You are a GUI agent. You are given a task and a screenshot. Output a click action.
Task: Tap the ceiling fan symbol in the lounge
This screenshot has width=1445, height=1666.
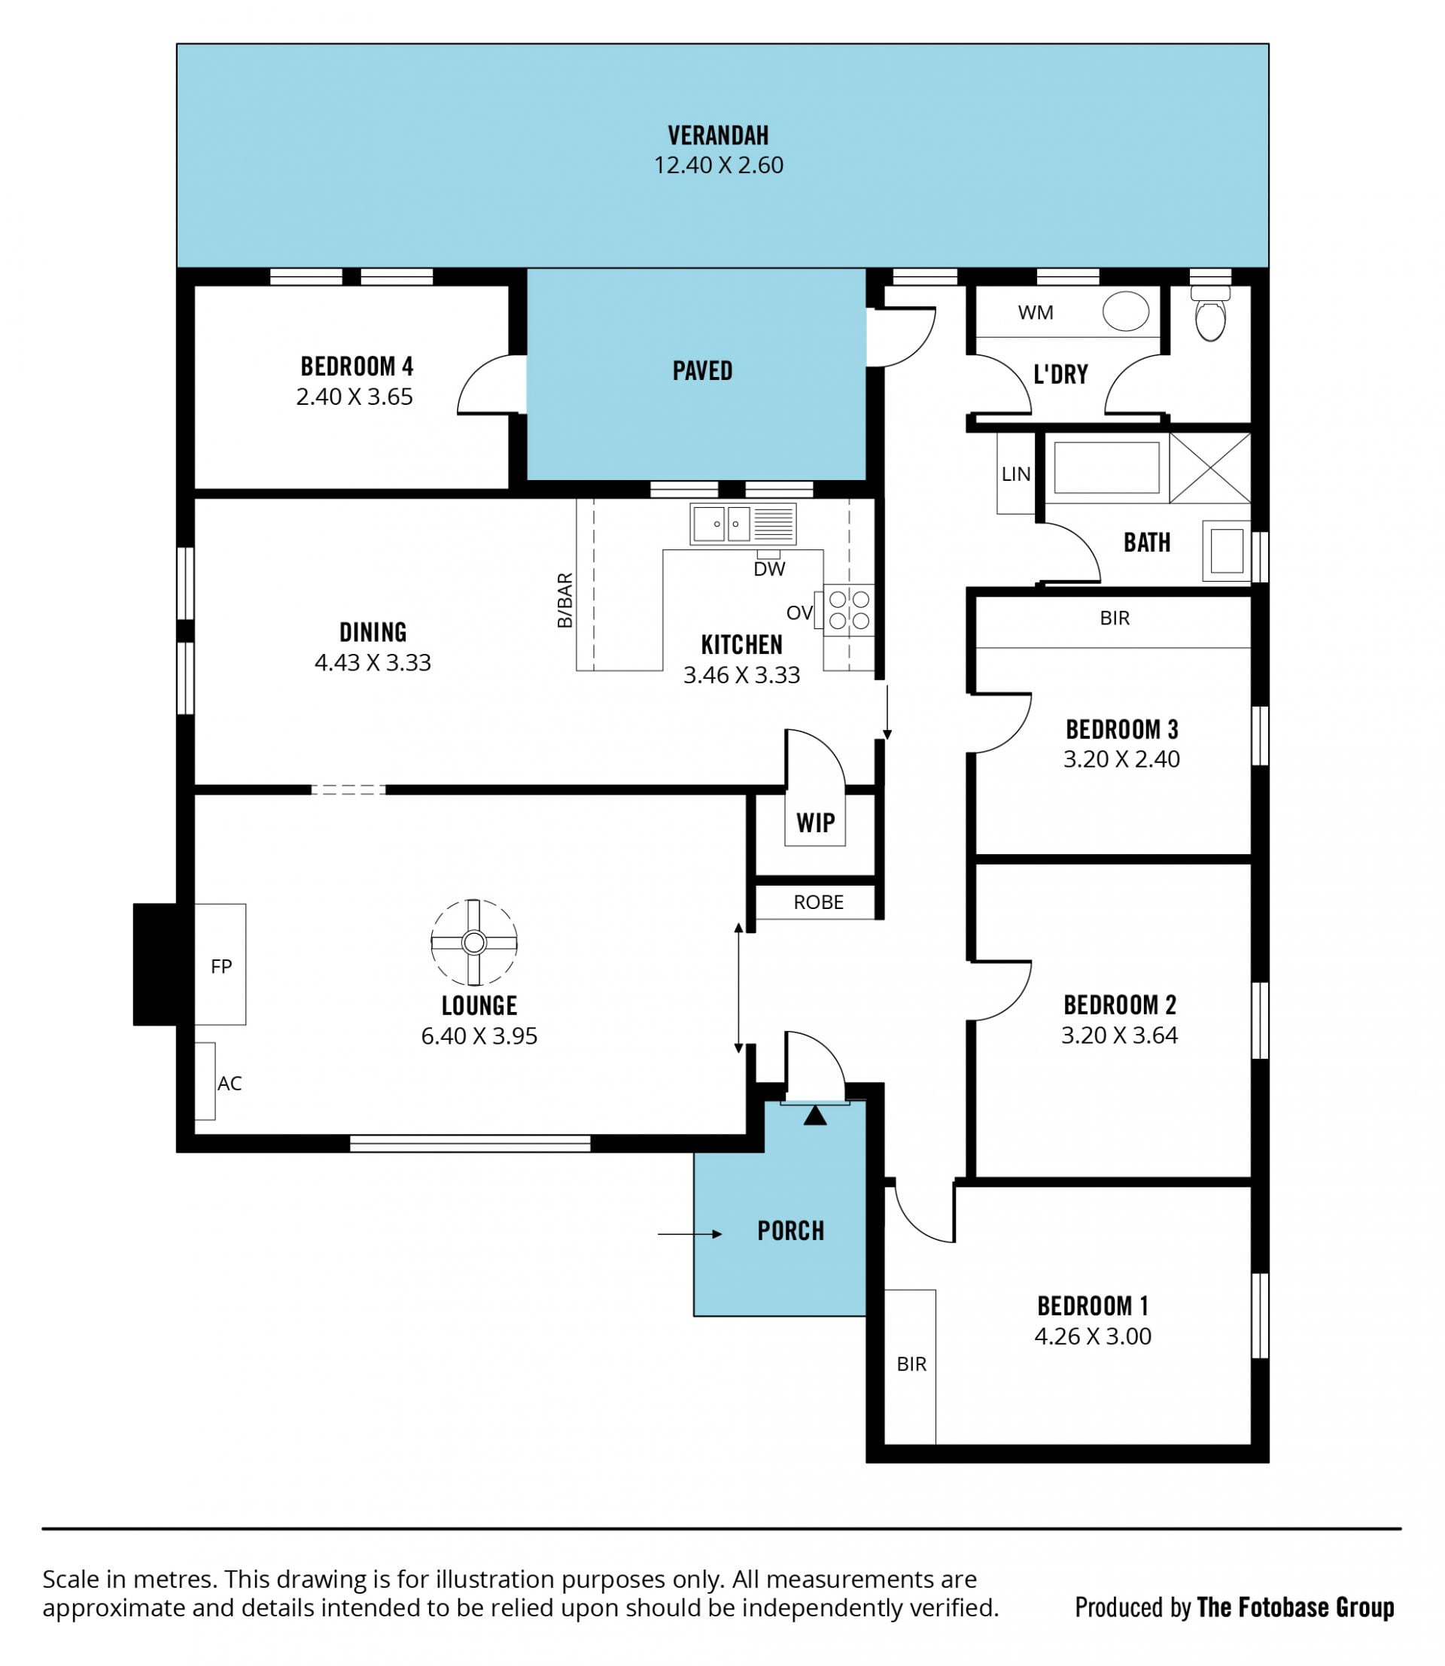click(x=474, y=942)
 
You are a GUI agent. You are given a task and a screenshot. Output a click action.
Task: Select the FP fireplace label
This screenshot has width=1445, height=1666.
click(x=221, y=966)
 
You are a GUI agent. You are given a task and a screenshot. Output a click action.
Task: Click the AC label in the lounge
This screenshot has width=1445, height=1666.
click(x=230, y=1083)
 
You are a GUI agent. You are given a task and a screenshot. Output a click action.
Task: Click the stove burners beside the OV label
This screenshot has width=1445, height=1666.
click(x=849, y=610)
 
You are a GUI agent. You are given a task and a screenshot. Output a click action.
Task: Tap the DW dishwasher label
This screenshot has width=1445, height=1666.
click(x=769, y=570)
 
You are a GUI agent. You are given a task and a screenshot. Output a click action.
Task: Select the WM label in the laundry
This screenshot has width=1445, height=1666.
click(x=1036, y=313)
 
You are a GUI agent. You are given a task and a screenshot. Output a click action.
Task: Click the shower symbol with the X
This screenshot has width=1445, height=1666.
click(x=1209, y=469)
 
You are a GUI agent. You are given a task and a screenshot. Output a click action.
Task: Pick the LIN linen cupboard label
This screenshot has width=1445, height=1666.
click(x=1016, y=474)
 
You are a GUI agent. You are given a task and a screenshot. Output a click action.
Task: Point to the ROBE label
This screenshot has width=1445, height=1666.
click(x=819, y=902)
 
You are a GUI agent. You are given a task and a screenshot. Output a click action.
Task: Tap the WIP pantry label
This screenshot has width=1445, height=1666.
click(x=815, y=823)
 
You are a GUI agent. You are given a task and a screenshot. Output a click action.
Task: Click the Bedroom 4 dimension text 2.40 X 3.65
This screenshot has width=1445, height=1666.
click(x=354, y=397)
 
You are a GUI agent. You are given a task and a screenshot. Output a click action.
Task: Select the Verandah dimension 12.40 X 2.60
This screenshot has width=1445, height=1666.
click(x=719, y=166)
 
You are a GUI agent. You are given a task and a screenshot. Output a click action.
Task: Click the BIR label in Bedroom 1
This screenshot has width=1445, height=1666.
click(x=911, y=1364)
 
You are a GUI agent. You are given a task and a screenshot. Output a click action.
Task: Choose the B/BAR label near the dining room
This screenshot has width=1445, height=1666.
click(x=565, y=600)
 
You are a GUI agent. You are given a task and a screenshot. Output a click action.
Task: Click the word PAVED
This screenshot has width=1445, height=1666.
click(x=702, y=371)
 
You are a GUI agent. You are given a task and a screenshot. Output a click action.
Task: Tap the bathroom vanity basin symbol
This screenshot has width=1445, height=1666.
click(x=1227, y=551)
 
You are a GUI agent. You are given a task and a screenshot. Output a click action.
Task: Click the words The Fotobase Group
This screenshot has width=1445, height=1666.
click(x=1296, y=1607)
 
